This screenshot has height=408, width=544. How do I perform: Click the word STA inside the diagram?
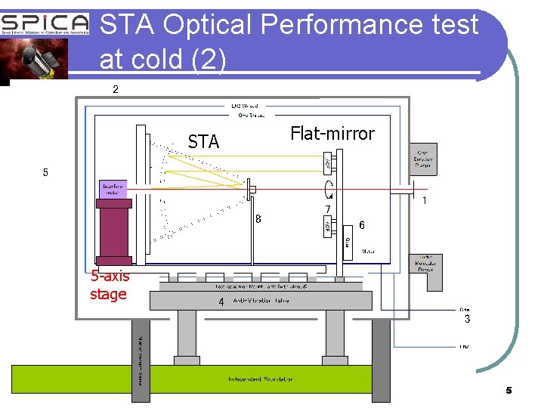[203, 142]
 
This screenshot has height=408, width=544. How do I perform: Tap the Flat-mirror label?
[332, 134]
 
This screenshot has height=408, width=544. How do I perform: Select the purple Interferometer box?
[113, 190]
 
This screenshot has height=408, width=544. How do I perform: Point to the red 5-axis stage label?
[110, 285]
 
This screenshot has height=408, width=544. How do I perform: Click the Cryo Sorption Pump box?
[422, 159]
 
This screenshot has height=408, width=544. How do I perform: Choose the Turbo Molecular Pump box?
[425, 264]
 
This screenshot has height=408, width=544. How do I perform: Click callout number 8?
[258, 219]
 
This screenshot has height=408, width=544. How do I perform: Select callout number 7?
[327, 209]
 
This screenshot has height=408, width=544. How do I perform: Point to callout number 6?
[362, 225]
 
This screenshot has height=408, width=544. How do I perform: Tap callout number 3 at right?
[467, 320]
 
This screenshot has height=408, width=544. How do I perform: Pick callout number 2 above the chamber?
[115, 90]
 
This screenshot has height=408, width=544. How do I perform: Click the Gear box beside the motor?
[347, 243]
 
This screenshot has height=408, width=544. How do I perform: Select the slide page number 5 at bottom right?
[508, 391]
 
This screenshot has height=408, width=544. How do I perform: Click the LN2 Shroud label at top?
[244, 106]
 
